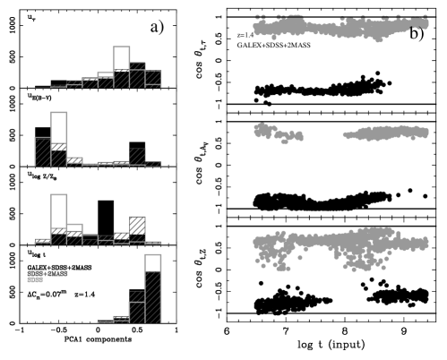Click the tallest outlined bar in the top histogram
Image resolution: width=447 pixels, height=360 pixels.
tap(122, 67)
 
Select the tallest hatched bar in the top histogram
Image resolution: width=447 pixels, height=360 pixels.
tap(137, 76)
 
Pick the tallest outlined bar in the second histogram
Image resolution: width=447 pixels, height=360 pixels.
tap(59, 139)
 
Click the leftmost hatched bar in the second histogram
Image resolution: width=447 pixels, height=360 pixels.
tap(43, 151)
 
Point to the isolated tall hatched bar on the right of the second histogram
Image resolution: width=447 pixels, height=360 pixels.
tap(137, 157)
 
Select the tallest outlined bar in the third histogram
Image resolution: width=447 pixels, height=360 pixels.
tap(59, 219)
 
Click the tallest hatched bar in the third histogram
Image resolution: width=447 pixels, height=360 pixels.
tap(137, 230)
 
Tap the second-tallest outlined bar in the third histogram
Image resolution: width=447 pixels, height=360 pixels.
tap(75, 234)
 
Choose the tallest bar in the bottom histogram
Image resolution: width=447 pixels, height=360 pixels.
tap(153, 288)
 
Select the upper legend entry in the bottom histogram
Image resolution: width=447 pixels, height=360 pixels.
tap(47, 272)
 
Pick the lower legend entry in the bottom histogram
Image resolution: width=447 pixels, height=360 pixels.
tap(35, 279)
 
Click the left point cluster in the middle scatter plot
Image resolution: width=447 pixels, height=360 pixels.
tap(263, 131)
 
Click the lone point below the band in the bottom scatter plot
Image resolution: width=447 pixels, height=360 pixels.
tap(299, 258)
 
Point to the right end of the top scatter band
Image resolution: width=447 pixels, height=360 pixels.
tap(425, 24)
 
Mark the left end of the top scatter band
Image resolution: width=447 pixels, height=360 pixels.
tap(257, 29)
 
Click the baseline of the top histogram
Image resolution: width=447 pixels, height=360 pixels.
tap(99, 89)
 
